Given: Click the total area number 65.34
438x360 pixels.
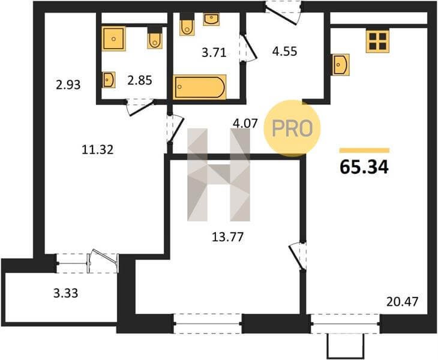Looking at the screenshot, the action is click(x=364, y=167).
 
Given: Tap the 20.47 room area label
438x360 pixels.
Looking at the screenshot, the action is click(x=403, y=302).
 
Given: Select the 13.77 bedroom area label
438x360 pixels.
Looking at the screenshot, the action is click(x=228, y=237).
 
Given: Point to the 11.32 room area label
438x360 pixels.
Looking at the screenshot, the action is click(x=98, y=150).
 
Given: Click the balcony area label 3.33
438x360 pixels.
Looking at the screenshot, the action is click(x=65, y=293).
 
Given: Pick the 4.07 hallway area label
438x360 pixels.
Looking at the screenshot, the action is click(x=245, y=123).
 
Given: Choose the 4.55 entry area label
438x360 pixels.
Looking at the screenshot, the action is click(x=285, y=52).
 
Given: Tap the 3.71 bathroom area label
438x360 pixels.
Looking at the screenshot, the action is click(x=214, y=53).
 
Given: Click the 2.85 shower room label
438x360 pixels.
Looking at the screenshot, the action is click(x=140, y=80).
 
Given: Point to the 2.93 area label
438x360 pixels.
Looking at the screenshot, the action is click(x=68, y=85).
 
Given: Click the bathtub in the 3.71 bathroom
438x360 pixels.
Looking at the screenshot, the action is click(x=199, y=87).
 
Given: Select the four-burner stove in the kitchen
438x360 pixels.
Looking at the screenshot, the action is click(x=377, y=41).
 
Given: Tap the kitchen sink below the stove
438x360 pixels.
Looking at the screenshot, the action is click(x=341, y=65).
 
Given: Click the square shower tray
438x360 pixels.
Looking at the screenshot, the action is click(x=113, y=38).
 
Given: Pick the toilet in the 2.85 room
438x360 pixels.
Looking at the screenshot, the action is click(x=155, y=38).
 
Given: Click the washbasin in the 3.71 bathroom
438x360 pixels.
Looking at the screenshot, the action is click(x=211, y=19).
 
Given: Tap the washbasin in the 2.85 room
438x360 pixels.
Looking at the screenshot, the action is click(x=109, y=80).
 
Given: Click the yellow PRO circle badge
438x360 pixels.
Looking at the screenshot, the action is click(x=292, y=128).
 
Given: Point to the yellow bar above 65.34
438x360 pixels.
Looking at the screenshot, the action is click(x=364, y=151).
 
